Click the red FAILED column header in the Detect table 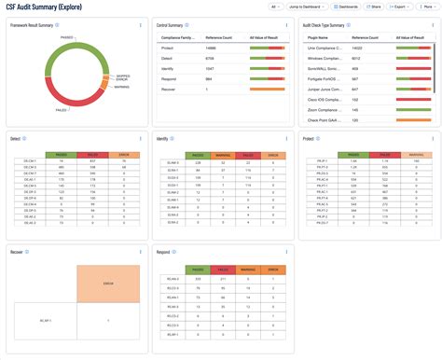(91, 155)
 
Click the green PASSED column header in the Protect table (353, 155)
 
